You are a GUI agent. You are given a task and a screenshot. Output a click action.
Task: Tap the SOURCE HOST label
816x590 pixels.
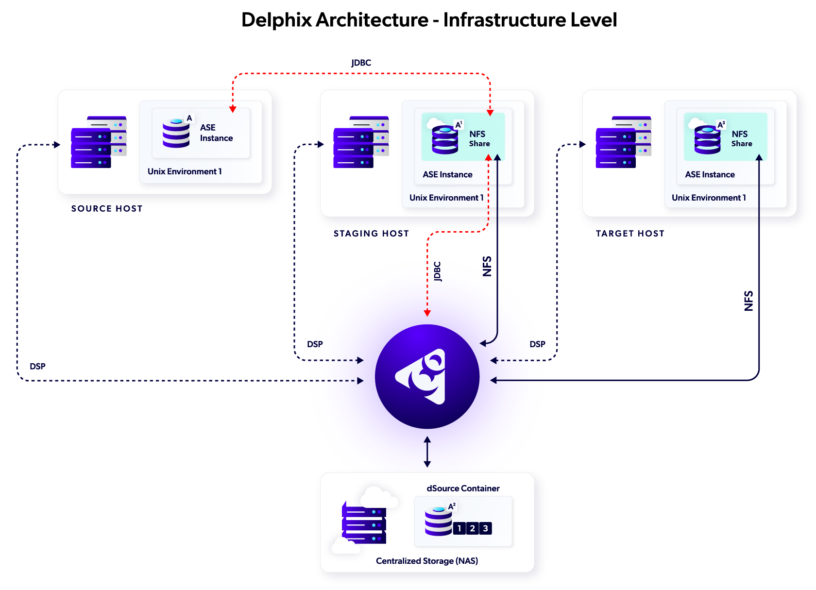click(107, 209)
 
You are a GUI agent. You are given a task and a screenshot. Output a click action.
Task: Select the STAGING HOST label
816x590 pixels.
click(371, 234)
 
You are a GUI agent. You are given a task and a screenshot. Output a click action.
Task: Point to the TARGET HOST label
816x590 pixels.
click(630, 234)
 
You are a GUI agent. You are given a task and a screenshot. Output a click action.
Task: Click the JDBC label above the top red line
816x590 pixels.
click(361, 63)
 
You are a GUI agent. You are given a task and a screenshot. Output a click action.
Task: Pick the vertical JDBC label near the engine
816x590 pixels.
click(438, 271)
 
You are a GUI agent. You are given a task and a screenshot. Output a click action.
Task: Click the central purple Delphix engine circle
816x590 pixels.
click(427, 376)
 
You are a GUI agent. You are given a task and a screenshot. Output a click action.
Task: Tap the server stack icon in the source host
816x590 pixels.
click(99, 142)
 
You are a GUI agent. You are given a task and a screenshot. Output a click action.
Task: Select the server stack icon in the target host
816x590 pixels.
click(623, 142)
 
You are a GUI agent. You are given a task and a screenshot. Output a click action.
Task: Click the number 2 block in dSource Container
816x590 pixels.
click(472, 528)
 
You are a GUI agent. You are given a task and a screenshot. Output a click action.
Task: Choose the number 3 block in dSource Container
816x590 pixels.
click(485, 528)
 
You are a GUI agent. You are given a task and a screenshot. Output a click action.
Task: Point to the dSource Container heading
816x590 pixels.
click(463, 489)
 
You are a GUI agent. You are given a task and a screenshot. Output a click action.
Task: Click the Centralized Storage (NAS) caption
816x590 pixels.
click(427, 561)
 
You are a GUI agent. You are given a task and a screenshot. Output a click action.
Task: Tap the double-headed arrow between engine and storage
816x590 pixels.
click(427, 452)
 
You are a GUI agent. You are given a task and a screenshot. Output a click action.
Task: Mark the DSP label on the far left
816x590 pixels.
click(37, 367)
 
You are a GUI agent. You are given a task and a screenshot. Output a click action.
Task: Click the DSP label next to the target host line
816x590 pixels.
click(537, 344)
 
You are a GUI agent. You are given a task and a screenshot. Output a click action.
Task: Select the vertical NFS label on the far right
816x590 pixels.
click(748, 301)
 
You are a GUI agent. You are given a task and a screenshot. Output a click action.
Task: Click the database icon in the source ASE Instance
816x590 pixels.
click(176, 133)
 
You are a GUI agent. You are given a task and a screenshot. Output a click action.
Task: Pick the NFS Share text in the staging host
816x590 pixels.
click(479, 138)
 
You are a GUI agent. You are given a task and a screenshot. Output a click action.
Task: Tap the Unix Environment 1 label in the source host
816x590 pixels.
click(185, 171)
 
